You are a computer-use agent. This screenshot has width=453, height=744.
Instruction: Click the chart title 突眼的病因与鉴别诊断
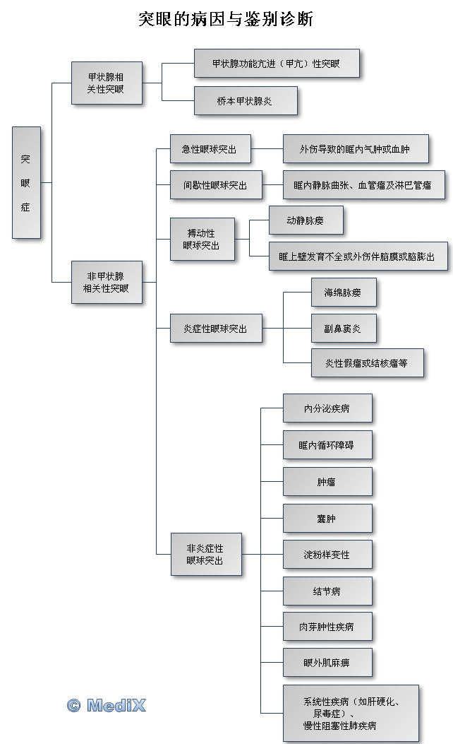click(226, 19)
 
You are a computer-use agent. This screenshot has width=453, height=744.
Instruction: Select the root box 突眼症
click(26, 182)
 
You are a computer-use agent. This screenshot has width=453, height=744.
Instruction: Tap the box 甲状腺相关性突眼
click(107, 83)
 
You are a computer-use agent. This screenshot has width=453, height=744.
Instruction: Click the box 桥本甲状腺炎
click(245, 101)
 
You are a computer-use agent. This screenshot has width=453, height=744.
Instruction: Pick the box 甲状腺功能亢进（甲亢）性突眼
click(276, 63)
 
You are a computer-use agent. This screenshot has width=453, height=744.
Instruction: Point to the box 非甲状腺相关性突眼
click(107, 283)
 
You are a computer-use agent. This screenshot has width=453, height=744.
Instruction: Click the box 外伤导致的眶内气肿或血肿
click(355, 149)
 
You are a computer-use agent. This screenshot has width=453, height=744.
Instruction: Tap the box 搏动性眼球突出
click(202, 239)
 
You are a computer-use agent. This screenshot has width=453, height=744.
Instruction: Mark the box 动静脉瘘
click(306, 220)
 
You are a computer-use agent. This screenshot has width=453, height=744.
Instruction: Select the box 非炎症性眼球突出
click(206, 554)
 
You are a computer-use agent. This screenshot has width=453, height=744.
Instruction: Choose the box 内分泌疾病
click(327, 408)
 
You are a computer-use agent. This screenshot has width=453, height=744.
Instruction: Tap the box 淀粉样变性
click(327, 554)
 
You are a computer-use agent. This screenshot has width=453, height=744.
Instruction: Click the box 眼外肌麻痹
click(327, 663)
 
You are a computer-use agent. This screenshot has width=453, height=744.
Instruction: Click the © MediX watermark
click(107, 704)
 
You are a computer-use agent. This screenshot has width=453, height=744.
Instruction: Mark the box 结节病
click(327, 591)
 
